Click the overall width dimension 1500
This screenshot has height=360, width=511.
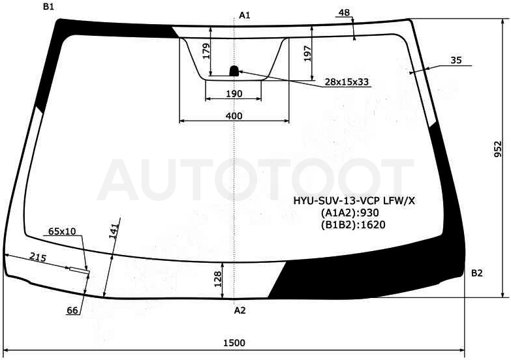click(x=234, y=343)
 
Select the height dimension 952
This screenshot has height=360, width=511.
click(x=498, y=149)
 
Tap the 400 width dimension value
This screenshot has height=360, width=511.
click(x=234, y=115)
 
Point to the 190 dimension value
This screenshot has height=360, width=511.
click(x=234, y=94)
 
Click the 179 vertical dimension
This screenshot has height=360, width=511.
click(x=206, y=51)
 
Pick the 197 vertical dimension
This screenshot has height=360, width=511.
click(x=307, y=53)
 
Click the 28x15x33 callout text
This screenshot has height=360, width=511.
click(x=347, y=82)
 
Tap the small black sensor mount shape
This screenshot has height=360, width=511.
click(x=234, y=70)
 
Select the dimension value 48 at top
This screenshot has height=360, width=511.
click(x=344, y=12)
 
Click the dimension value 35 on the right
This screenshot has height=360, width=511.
click(x=456, y=60)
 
